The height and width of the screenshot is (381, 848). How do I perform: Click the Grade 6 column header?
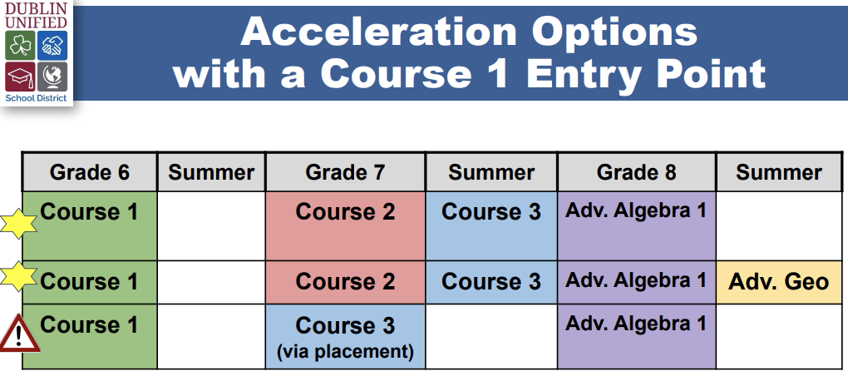[x=90, y=172]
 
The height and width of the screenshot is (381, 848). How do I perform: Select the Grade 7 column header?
[x=346, y=172]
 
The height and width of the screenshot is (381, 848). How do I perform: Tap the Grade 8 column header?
[x=637, y=172]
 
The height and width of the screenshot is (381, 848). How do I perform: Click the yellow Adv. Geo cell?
[x=779, y=282]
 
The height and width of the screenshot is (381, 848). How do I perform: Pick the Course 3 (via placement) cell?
[x=346, y=337]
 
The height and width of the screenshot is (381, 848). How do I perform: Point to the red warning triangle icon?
[x=19, y=334]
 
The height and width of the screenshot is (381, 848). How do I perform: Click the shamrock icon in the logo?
[x=21, y=46]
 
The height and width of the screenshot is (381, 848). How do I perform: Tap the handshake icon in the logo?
[x=52, y=46]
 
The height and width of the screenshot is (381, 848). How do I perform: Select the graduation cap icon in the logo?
[x=21, y=77]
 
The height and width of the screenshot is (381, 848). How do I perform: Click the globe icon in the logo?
[x=52, y=77]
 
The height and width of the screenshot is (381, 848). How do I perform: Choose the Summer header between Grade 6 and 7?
[x=211, y=172]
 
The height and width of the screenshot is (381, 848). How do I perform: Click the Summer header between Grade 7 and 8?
[x=491, y=172]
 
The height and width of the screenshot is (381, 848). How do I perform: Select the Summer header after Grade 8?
[x=779, y=172]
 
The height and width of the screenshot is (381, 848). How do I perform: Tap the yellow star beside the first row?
[x=17, y=224]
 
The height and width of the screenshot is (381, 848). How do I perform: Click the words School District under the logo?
[x=37, y=98]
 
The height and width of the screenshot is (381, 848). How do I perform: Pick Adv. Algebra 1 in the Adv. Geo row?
[x=636, y=280]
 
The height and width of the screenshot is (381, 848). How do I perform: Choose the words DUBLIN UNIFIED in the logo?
[x=37, y=15]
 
